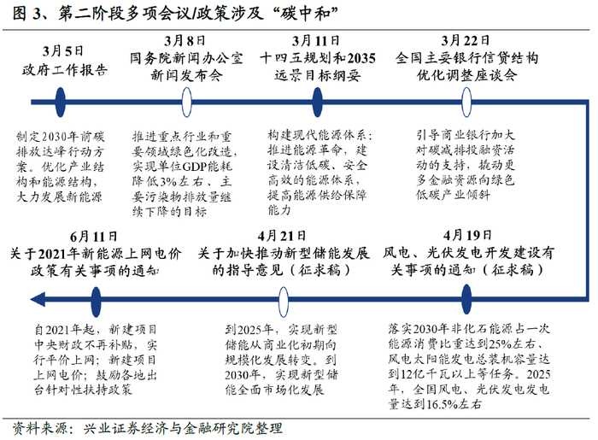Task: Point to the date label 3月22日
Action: click(x=465, y=40)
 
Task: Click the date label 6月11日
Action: click(x=93, y=235)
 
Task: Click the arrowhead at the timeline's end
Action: click(x=32, y=296)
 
